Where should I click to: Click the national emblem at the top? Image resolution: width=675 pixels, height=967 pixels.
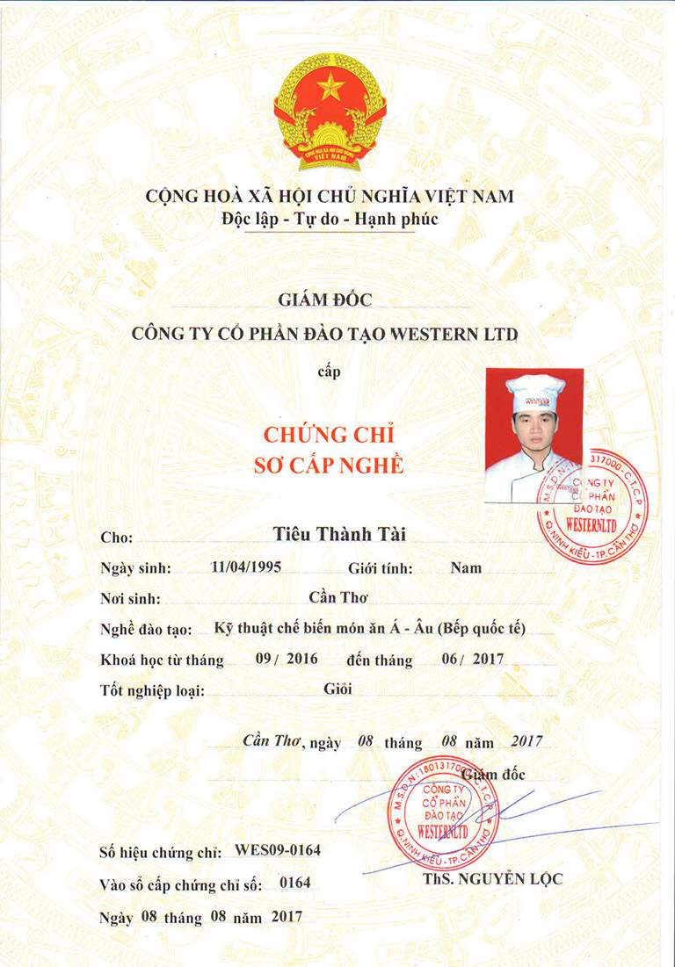(x=330, y=110)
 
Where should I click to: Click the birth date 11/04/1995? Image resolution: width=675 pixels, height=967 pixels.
(x=246, y=566)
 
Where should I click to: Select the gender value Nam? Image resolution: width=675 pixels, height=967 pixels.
(x=466, y=567)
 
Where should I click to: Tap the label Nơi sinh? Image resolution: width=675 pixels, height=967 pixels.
(x=130, y=599)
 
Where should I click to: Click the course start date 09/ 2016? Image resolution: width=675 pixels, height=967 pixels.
(x=286, y=659)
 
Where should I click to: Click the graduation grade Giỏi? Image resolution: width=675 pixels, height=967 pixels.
(x=337, y=689)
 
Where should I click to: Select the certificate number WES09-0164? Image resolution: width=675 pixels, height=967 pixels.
(x=279, y=851)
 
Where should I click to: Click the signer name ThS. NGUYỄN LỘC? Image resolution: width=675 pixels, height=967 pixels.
(x=492, y=878)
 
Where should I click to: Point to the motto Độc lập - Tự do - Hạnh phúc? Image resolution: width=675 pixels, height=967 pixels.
(x=330, y=219)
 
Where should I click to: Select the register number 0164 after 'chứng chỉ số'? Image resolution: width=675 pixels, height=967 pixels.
(x=294, y=883)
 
